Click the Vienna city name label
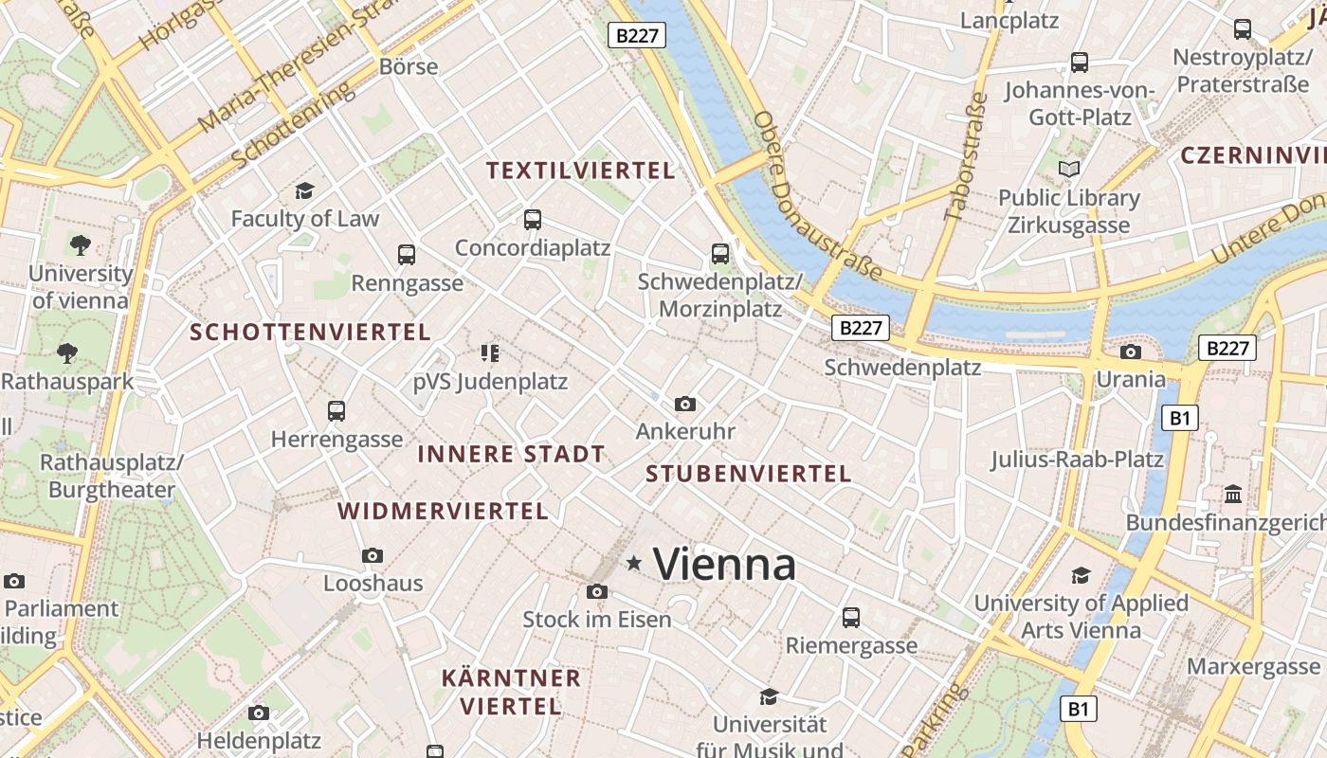[x=725, y=565]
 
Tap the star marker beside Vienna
[x=634, y=564]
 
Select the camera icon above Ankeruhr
[x=685, y=405]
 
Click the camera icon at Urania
[x=1131, y=352]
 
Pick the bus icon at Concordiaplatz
[x=533, y=220]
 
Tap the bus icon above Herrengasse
[x=336, y=411]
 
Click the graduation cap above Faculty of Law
[x=304, y=190]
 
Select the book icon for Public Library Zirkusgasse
[x=1069, y=170]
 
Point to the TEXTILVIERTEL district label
[x=580, y=171]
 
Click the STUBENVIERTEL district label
[x=749, y=474]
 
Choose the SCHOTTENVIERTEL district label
[x=310, y=333]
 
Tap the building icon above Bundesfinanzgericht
[x=1233, y=494]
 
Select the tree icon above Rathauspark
[x=67, y=353]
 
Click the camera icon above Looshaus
[x=373, y=555]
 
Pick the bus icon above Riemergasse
[x=851, y=618]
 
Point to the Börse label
[x=409, y=66]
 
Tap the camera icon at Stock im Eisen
[x=596, y=592]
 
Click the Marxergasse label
[x=1253, y=667]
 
